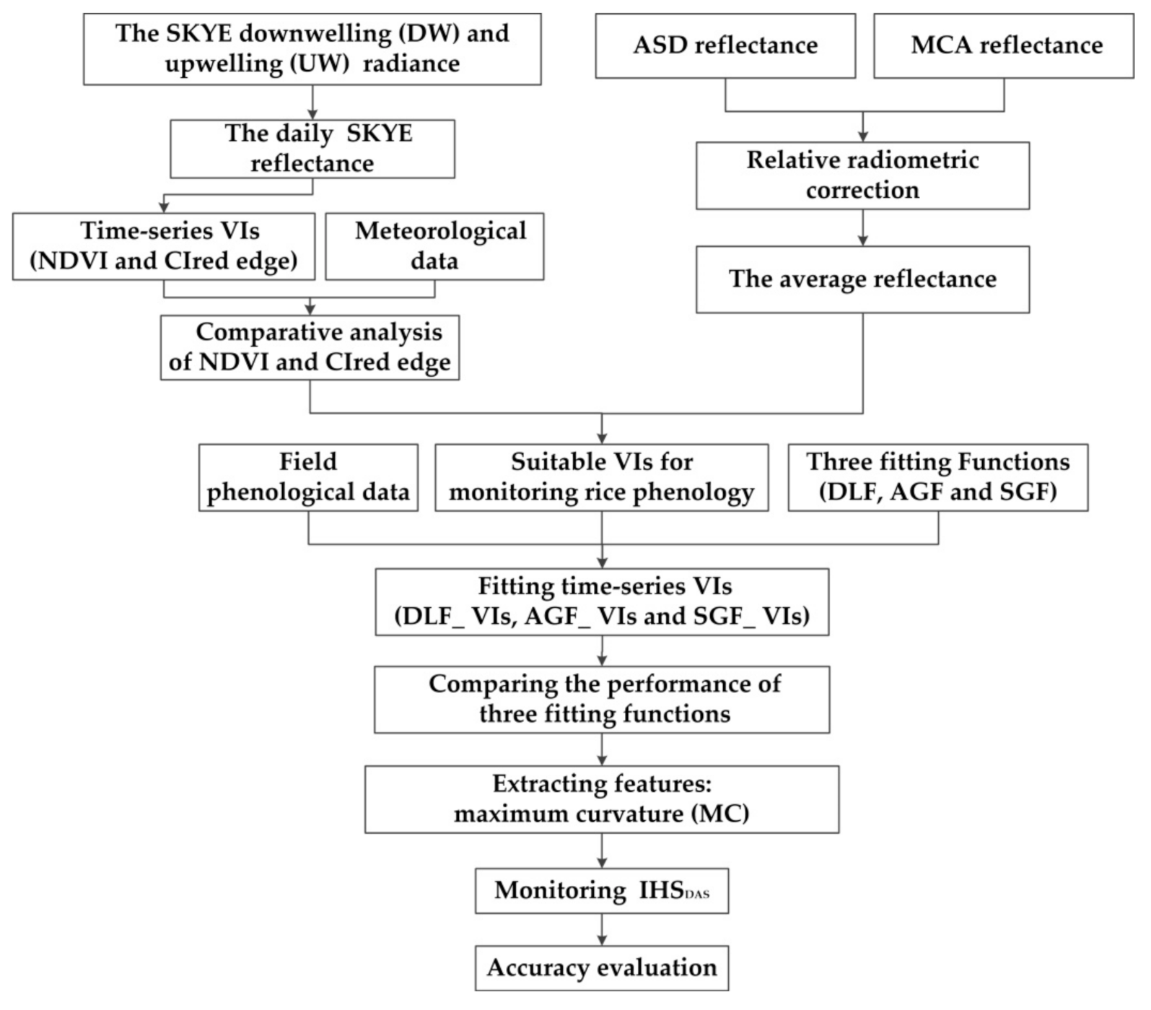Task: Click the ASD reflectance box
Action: [725, 45]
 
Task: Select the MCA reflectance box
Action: [1004, 45]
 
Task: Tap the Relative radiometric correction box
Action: [862, 175]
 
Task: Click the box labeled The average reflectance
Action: [862, 279]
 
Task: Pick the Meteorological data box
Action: [434, 246]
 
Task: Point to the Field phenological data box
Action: [308, 477]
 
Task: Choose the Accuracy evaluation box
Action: [602, 968]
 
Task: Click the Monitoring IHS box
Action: [602, 891]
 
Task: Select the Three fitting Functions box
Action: [937, 477]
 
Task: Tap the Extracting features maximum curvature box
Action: [602, 799]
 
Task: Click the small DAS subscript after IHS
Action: [696, 894]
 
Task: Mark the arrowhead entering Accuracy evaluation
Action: [602, 939]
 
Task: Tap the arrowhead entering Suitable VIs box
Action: [602, 437]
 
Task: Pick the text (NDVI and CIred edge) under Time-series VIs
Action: [164, 261]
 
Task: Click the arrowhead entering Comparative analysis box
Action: [310, 309]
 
